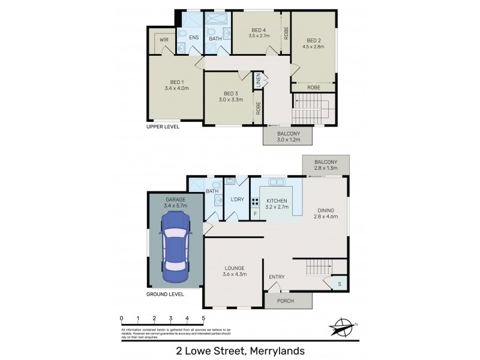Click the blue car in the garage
point(175,246)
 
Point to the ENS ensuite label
point(194,38)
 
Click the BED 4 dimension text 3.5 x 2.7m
point(259,36)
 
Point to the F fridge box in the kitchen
point(255,214)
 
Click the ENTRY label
point(277,277)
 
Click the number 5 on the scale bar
point(203,318)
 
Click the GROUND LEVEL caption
point(165,295)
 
